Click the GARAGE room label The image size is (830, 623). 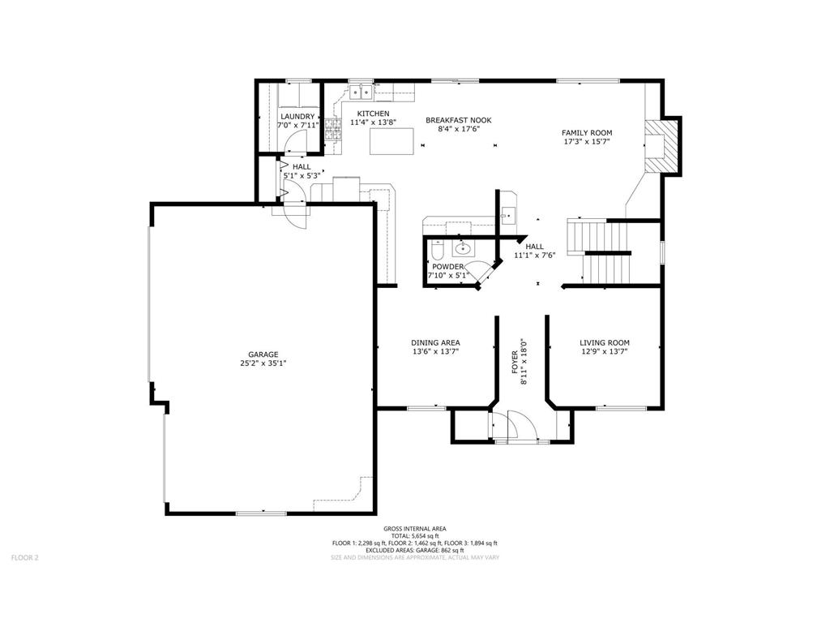[263, 354]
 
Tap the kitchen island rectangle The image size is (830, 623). [391, 141]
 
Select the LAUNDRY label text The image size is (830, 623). [297, 117]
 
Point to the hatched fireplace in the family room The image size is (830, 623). [661, 146]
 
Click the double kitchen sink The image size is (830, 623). [361, 92]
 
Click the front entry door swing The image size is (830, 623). [520, 423]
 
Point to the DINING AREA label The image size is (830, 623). [435, 343]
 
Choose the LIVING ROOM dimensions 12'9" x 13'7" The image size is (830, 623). [604, 350]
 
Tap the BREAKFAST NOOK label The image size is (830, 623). [459, 120]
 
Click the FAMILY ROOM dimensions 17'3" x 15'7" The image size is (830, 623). [587, 141]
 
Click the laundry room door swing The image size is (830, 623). [294, 141]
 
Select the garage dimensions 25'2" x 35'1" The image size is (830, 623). [263, 363]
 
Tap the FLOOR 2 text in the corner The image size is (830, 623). [25, 557]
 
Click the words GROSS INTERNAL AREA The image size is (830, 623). [414, 529]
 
